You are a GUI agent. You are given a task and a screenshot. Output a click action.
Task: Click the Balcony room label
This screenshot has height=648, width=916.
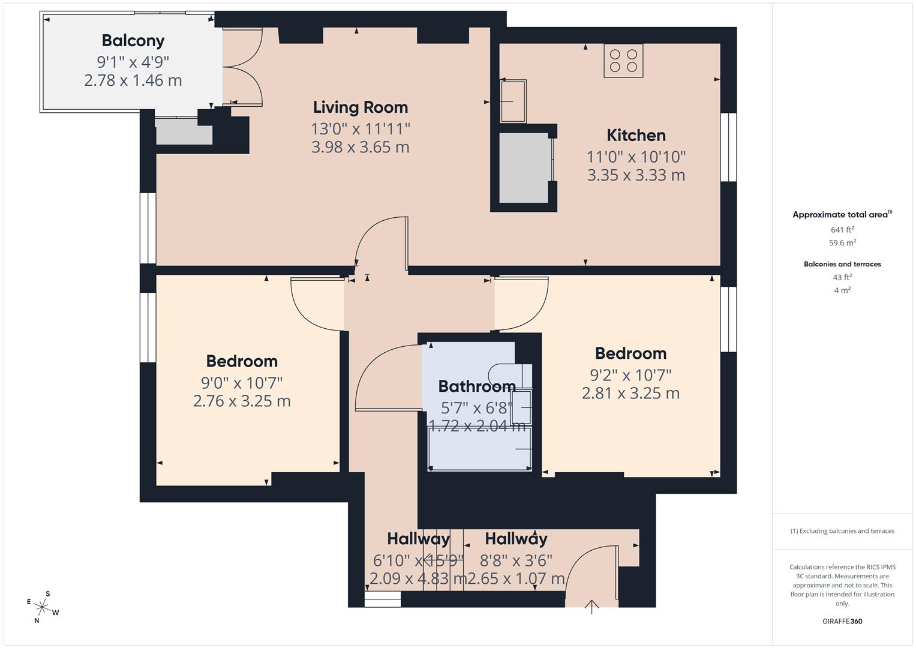(133, 41)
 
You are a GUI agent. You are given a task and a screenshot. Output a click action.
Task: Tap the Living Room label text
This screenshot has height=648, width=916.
(360, 107)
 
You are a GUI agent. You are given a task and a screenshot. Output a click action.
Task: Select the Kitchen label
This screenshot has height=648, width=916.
(636, 136)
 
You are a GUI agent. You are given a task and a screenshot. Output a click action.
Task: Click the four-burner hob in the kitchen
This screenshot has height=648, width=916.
(623, 61)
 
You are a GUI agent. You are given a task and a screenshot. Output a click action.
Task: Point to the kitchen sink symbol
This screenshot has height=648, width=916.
(513, 100)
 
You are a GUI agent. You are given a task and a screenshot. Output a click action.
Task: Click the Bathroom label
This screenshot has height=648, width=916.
(476, 386)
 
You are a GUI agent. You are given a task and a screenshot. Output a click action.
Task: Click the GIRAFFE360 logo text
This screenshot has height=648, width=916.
(842, 621)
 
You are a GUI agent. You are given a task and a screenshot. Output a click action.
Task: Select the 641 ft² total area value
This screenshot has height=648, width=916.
(842, 229)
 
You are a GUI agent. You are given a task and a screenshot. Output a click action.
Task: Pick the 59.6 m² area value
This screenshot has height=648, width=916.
(842, 243)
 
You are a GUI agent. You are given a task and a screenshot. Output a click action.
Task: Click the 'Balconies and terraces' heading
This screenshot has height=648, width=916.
(842, 264)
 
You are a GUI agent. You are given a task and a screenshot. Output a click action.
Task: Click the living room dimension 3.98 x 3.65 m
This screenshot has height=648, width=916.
(360, 147)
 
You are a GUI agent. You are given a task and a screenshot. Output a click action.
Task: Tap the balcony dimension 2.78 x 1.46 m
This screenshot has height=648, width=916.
(133, 80)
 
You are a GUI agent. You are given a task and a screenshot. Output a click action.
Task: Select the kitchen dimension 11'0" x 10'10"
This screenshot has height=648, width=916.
(636, 157)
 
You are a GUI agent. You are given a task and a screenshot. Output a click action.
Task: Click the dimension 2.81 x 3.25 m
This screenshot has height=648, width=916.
(630, 394)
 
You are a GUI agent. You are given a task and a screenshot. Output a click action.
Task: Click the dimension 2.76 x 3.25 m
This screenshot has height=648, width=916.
(242, 401)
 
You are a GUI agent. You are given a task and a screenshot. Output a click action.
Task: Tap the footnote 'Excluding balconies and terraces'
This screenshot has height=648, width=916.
(842, 531)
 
